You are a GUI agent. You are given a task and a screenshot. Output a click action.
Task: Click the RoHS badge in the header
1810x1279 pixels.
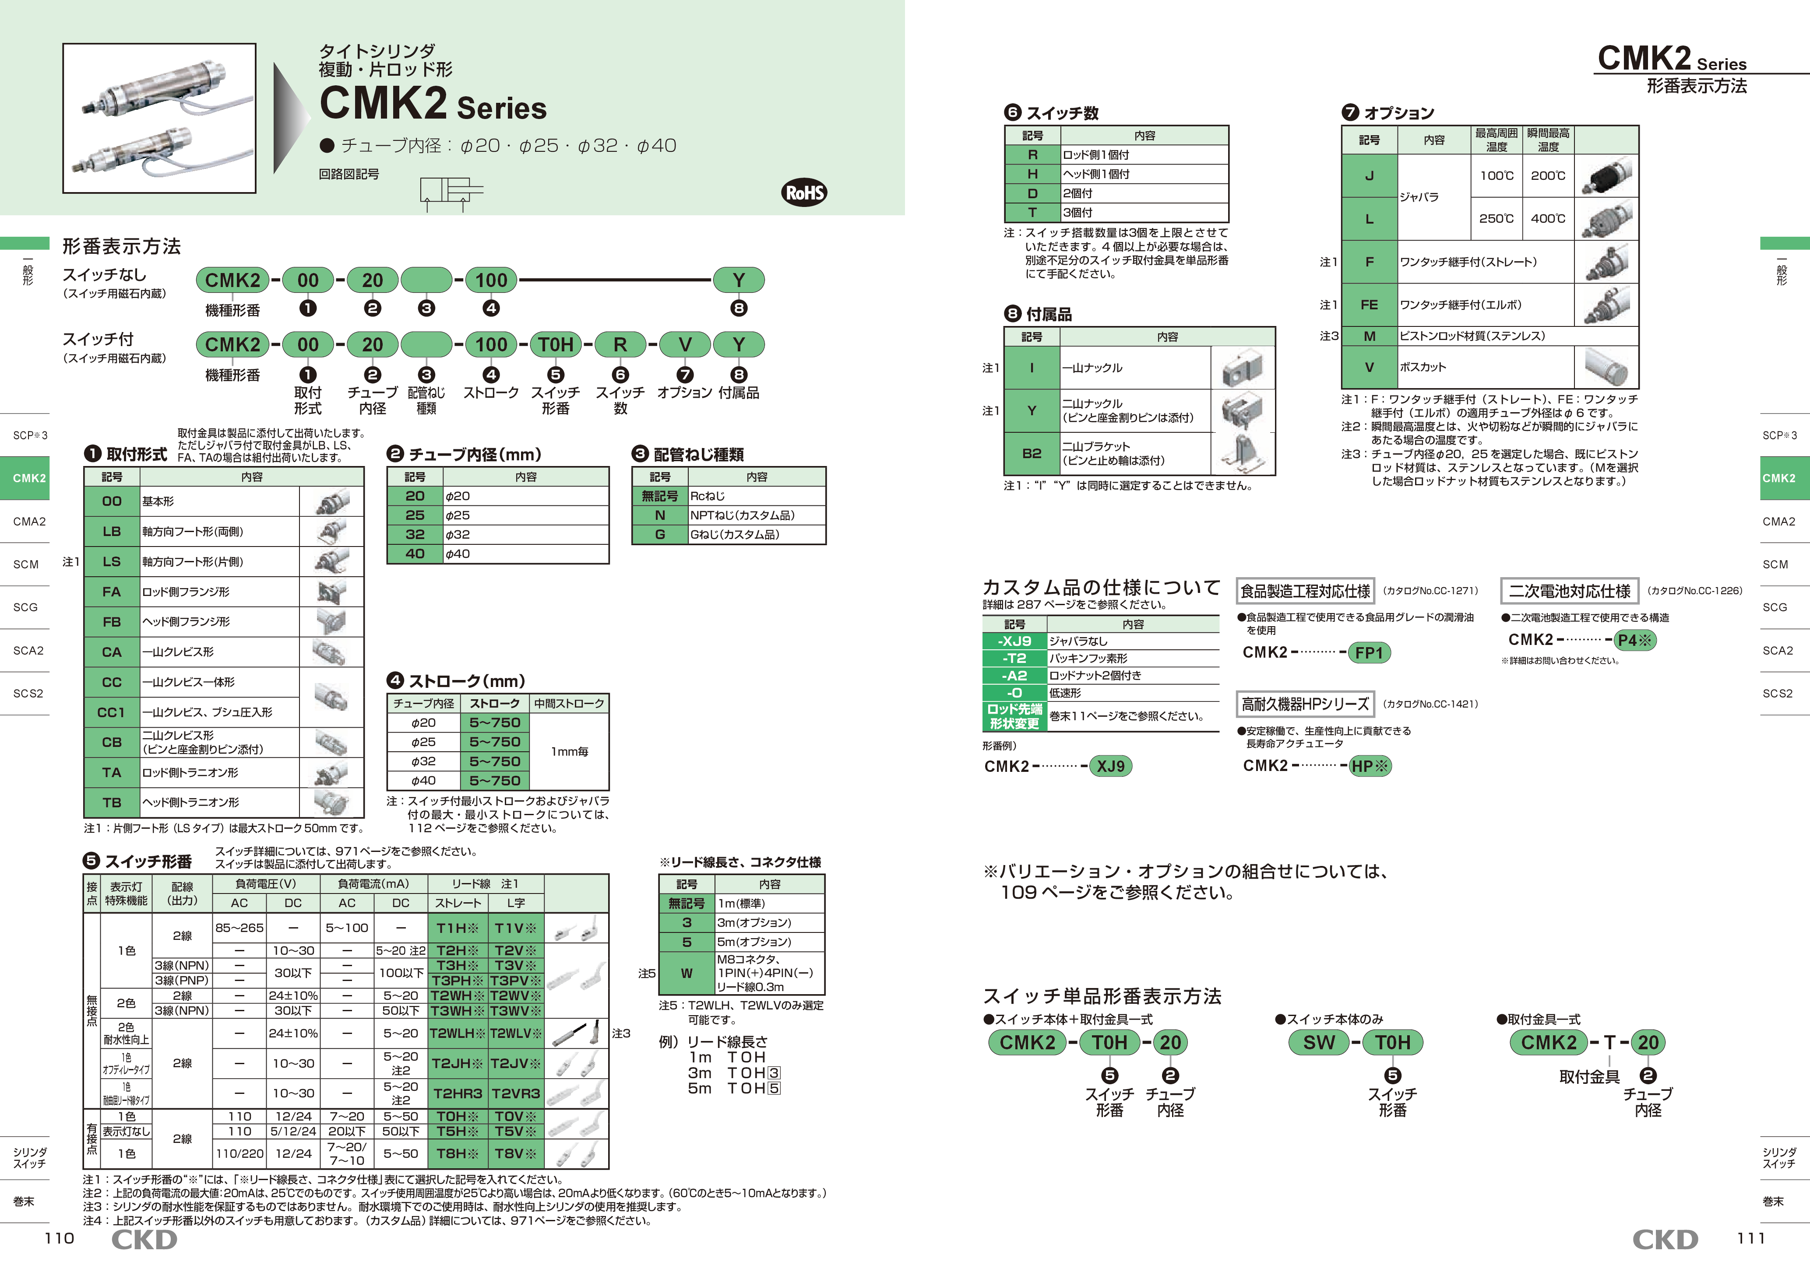click(804, 192)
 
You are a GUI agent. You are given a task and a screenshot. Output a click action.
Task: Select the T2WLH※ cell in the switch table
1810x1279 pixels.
click(457, 1033)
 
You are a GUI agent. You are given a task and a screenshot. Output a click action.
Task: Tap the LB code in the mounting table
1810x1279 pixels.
click(112, 531)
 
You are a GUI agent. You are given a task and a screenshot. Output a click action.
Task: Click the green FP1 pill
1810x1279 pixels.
click(1369, 652)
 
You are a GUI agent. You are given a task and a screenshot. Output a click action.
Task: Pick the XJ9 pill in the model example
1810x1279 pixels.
click(1110, 766)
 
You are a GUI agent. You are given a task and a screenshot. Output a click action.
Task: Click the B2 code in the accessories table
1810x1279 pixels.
click(1032, 453)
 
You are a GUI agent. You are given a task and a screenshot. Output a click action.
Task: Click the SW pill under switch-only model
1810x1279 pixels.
click(1319, 1043)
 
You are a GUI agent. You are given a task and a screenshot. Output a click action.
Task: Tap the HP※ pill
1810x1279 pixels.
click(1370, 766)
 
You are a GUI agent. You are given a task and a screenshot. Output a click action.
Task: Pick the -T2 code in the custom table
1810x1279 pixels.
click(1014, 658)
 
